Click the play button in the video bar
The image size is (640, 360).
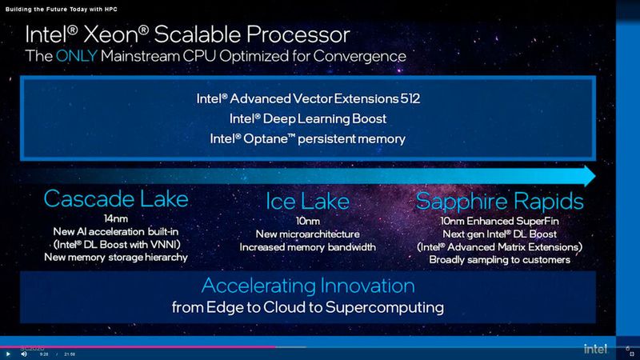coord(8,354)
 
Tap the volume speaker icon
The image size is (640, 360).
coord(25,354)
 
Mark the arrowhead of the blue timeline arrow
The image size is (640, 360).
coord(590,174)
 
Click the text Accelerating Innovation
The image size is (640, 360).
coord(308,286)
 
